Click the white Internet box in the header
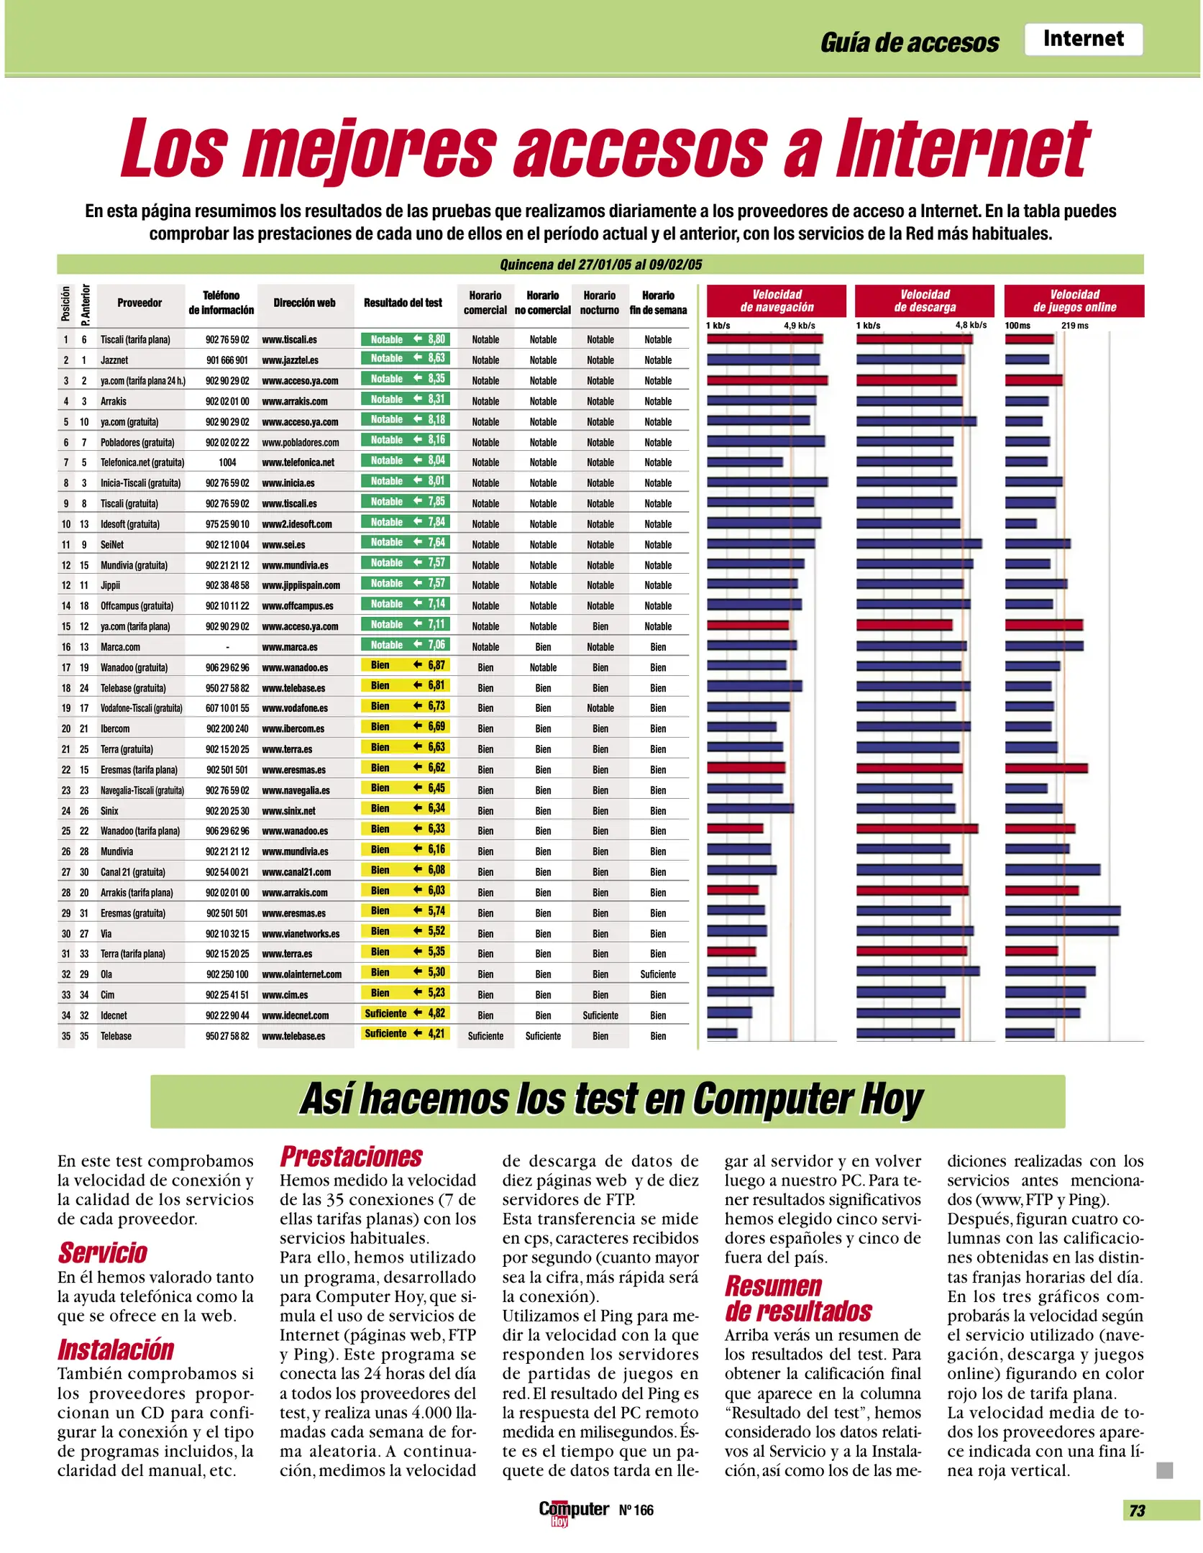point(1083,39)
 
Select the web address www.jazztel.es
point(290,360)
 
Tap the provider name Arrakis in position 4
point(114,401)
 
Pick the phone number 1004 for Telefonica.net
point(227,462)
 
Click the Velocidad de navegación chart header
point(777,301)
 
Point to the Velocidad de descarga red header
point(925,301)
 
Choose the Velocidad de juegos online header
point(1074,301)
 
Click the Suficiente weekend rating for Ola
point(658,974)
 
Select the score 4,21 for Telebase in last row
point(436,1034)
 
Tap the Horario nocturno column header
point(600,303)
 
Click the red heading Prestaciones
point(351,1157)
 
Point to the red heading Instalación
point(116,1350)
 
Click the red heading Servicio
point(103,1252)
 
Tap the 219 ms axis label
point(1074,326)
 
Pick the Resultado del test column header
point(403,303)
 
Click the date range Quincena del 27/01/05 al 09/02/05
point(600,265)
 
